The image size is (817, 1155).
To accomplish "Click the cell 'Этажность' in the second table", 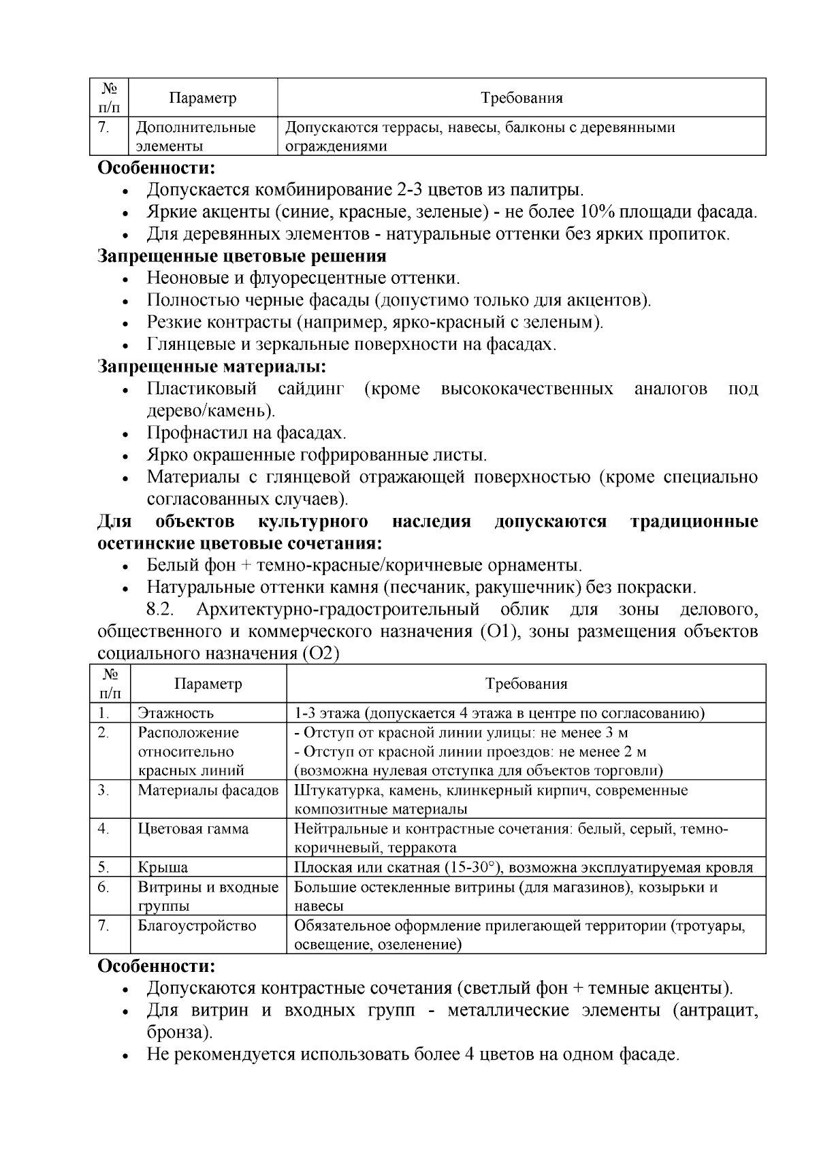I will (x=176, y=713).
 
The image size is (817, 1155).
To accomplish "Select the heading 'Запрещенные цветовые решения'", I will (x=242, y=256).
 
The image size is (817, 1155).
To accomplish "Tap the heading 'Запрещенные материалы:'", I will (x=212, y=367).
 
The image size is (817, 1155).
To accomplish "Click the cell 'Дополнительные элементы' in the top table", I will (x=196, y=136).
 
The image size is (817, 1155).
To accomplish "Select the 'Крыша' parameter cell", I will (x=163, y=867).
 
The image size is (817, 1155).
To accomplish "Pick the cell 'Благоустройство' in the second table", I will (x=197, y=926).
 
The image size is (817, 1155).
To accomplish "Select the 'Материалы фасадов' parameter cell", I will (x=208, y=790).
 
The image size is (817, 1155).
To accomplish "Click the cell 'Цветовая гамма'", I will (x=193, y=829).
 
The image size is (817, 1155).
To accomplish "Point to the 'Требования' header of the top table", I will (x=522, y=98).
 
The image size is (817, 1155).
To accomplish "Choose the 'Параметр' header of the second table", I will (x=208, y=683).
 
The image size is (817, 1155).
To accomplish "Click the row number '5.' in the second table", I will (x=103, y=867).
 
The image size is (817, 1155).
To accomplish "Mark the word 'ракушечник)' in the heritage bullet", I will (x=521, y=587).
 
